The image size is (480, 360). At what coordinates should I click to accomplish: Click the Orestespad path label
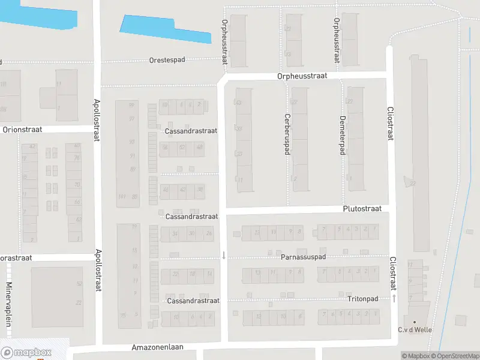(x=167, y=61)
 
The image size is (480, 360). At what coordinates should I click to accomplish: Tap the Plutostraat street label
(x=362, y=209)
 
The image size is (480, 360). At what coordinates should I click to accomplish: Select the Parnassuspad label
(x=303, y=257)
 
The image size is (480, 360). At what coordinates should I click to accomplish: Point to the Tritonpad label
(x=362, y=298)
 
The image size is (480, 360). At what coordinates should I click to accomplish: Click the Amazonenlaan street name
(x=157, y=347)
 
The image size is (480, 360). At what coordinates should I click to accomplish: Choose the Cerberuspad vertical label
(x=287, y=134)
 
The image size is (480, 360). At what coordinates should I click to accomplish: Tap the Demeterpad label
(x=342, y=135)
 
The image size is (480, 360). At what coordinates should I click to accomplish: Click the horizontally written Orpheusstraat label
(x=302, y=76)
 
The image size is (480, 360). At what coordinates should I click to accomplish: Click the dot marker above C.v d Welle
(x=414, y=322)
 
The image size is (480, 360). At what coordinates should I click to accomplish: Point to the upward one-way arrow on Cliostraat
(x=394, y=298)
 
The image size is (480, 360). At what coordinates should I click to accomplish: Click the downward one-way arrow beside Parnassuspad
(x=223, y=255)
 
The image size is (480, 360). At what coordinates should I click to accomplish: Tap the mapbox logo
(x=26, y=353)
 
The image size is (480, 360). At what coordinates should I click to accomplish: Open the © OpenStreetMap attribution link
(x=454, y=356)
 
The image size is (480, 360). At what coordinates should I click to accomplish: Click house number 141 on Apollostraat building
(x=122, y=197)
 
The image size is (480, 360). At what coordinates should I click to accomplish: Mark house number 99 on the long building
(x=131, y=106)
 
